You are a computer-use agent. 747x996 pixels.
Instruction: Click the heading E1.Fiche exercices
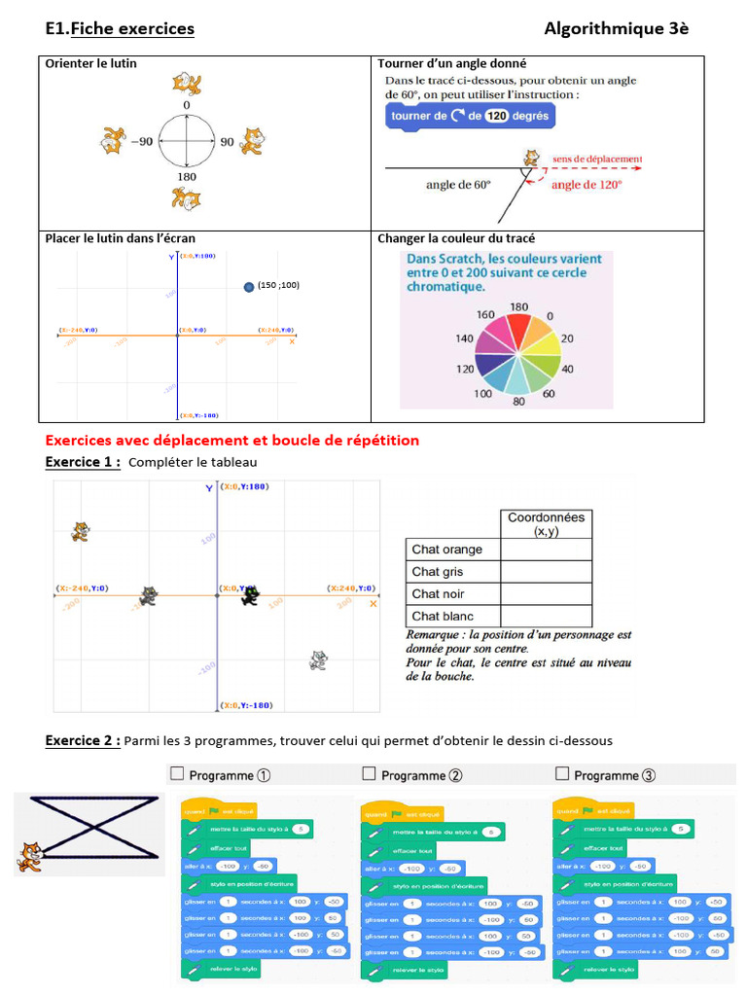120,28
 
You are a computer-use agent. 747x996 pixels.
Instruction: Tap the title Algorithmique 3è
616,28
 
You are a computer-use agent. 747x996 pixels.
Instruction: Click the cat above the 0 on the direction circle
186,83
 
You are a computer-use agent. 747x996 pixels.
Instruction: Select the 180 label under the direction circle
186,177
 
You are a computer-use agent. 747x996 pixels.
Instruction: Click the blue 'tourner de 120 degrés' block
470,116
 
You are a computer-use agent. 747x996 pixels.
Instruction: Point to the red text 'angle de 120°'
587,183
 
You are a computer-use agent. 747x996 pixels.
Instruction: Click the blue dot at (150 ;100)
249,286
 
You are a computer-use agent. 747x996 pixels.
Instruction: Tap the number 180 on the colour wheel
518,307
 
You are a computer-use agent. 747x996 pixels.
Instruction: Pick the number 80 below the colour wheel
518,401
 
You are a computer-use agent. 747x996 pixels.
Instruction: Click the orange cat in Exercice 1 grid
81,531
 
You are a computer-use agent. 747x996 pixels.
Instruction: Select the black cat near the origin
250,595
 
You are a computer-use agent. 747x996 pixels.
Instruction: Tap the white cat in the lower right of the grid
318,660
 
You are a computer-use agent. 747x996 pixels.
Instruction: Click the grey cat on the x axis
148,595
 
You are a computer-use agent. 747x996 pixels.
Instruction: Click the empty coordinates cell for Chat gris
545,572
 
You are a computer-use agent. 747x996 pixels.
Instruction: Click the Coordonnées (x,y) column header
546,524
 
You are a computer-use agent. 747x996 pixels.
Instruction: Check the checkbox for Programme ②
369,774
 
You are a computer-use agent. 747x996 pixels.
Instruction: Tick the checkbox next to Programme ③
561,774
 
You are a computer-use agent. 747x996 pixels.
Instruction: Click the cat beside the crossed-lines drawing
30,857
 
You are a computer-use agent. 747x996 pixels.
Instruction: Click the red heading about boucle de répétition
232,441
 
